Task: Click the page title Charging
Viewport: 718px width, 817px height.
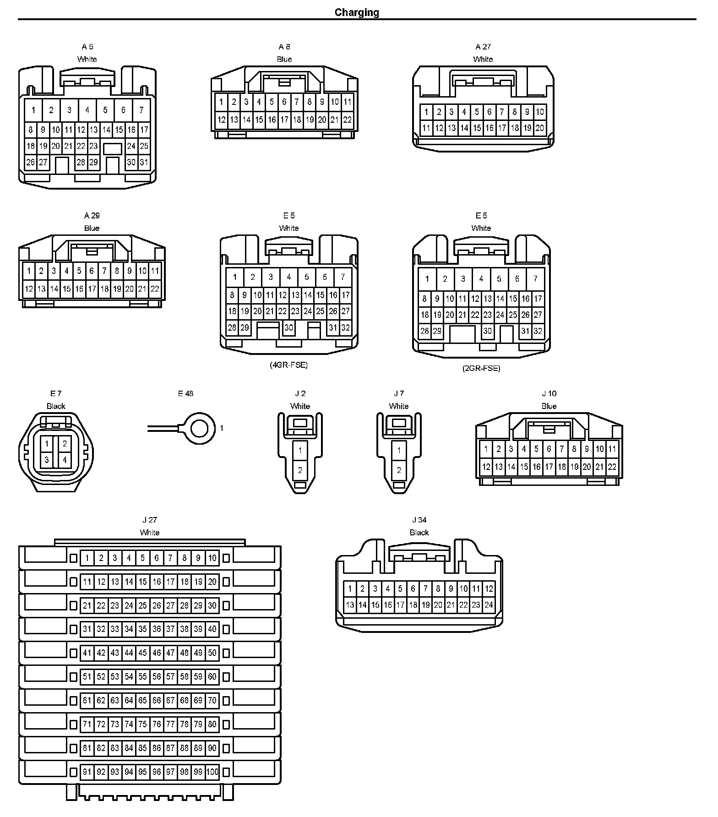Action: (357, 12)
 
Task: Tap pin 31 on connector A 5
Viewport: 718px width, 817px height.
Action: (144, 162)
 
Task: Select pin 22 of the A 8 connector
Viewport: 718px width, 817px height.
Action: (347, 120)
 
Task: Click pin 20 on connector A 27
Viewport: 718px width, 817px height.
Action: (539, 128)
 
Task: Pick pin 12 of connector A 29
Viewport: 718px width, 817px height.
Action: (29, 289)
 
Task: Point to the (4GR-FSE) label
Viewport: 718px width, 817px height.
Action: (288, 365)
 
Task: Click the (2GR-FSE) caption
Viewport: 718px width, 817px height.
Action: (481, 368)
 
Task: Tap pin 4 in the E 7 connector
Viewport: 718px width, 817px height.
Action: (65, 460)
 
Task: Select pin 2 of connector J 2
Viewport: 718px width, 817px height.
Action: (300, 470)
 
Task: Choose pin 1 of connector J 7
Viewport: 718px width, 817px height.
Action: (399, 451)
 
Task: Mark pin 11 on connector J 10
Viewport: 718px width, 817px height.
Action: (612, 449)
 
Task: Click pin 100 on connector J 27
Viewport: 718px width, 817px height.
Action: (212, 772)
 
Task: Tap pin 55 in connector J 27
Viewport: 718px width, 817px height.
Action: (143, 677)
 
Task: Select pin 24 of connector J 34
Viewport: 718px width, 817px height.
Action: (489, 605)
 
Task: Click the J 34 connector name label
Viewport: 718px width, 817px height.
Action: (419, 520)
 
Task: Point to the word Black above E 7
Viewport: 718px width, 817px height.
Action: (56, 406)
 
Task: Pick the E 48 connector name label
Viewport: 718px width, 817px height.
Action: (185, 393)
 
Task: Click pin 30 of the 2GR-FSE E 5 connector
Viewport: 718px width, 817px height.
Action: (487, 331)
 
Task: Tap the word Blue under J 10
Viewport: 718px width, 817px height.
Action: (549, 406)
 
